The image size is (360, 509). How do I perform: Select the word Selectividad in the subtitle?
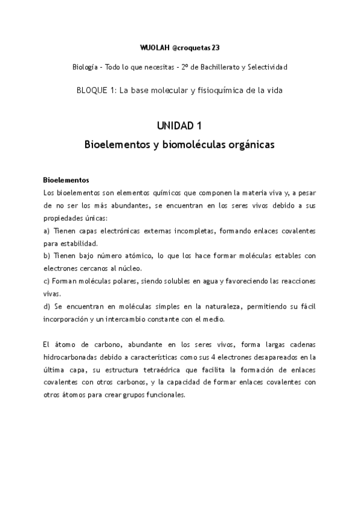[265, 67]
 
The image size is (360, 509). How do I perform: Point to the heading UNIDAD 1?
[179, 126]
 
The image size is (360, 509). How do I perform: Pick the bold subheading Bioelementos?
[67, 179]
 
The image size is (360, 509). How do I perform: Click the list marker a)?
[47, 231]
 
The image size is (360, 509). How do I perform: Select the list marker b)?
[47, 256]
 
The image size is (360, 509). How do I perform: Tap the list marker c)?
[47, 281]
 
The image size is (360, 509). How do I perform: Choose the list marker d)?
[47, 306]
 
